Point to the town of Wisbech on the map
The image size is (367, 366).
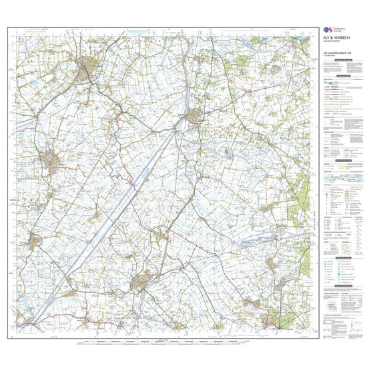tap(87, 65)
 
